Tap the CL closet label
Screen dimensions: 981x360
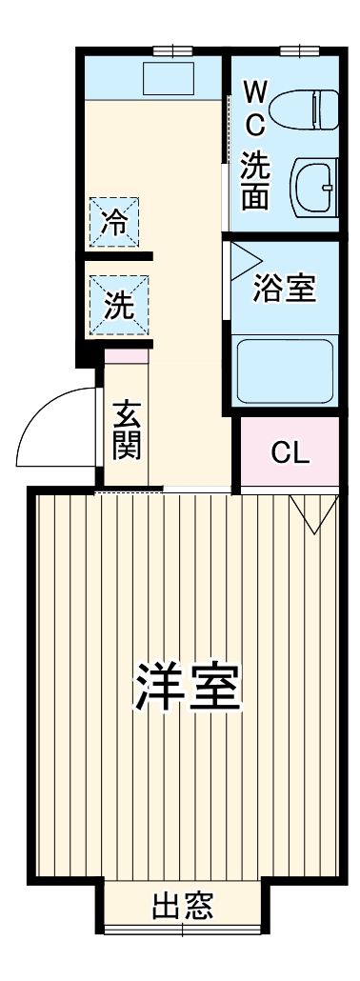click(x=290, y=451)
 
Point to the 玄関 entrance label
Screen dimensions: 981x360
click(x=127, y=430)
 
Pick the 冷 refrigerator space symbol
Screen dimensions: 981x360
click(x=114, y=221)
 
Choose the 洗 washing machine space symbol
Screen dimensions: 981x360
click(x=114, y=305)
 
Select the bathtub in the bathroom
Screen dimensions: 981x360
click(x=284, y=370)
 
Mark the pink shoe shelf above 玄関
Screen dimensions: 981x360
click(x=127, y=356)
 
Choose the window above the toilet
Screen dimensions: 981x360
click(x=297, y=50)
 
